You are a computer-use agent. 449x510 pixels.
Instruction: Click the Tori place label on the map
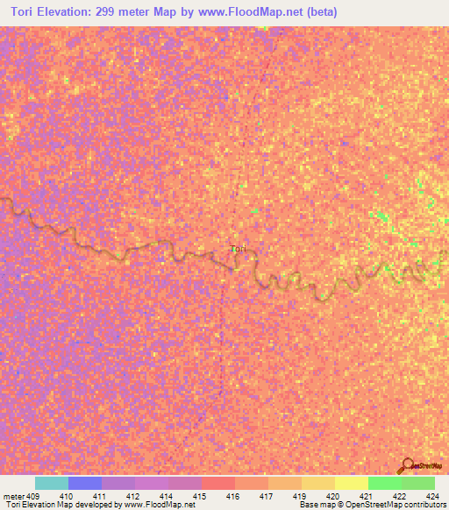(238, 249)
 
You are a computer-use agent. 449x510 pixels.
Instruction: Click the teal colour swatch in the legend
(51, 483)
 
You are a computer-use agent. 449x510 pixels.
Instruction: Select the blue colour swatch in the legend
(85, 483)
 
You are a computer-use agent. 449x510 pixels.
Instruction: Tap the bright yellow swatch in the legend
(352, 483)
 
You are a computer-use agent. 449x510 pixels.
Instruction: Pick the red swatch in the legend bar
(218, 483)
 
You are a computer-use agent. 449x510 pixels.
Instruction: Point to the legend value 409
(34, 496)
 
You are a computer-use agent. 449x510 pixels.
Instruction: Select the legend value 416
(233, 496)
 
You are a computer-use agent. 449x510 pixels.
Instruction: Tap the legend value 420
(332, 496)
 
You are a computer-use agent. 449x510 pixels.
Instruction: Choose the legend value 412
(134, 496)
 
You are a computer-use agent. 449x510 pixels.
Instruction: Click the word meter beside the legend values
(14, 496)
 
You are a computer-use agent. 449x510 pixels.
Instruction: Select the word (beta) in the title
(318, 13)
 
